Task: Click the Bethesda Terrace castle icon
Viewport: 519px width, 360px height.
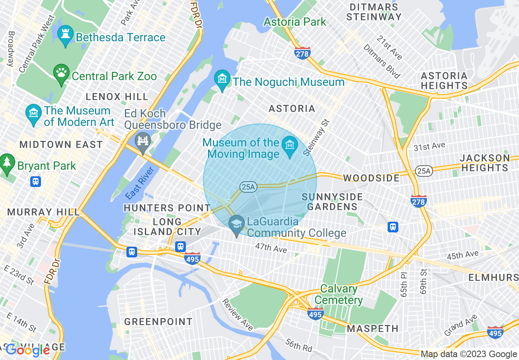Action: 65,36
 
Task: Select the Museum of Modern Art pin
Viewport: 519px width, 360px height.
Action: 33,115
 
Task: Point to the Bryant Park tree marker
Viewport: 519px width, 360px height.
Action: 7,163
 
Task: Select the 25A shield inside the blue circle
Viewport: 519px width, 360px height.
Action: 248,187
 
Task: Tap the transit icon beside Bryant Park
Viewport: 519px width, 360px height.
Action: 36,181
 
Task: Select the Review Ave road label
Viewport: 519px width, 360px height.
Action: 237,314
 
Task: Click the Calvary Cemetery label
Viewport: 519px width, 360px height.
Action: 338,294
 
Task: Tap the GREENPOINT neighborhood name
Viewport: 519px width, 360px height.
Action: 158,322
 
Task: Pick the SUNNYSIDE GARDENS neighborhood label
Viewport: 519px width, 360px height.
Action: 332,202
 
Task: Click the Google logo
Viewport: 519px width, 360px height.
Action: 27,350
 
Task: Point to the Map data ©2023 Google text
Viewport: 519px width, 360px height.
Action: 469,354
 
